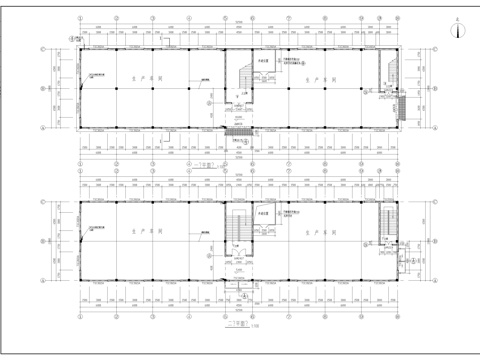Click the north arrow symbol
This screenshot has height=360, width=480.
point(459,29)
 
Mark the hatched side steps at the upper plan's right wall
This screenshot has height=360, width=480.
point(397,104)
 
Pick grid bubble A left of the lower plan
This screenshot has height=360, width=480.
point(42,282)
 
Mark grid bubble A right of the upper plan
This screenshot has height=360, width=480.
point(437,128)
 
